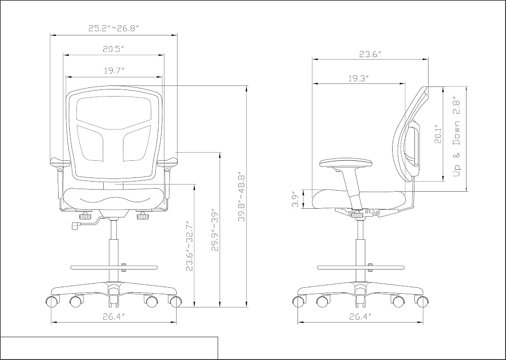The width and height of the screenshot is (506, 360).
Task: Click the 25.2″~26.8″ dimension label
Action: click(x=113, y=28)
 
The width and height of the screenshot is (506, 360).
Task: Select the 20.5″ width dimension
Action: click(x=113, y=49)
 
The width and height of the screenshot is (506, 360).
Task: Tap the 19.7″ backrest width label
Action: click(x=114, y=71)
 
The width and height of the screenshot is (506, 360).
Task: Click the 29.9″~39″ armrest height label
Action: click(x=215, y=231)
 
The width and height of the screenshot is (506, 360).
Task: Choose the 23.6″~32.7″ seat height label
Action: click(x=189, y=246)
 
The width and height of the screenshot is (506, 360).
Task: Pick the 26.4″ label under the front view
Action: click(x=113, y=317)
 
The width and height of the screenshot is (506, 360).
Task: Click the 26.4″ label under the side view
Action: click(x=360, y=317)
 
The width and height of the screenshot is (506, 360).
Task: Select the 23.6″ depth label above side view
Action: click(x=370, y=54)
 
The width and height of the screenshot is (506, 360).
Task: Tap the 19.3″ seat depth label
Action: click(x=358, y=78)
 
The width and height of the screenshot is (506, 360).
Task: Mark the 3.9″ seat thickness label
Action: click(x=295, y=200)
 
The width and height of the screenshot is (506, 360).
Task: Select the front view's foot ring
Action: click(x=114, y=267)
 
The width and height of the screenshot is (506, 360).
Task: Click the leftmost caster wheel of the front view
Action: click(x=53, y=301)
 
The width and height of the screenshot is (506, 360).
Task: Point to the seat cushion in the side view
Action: click(x=358, y=200)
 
